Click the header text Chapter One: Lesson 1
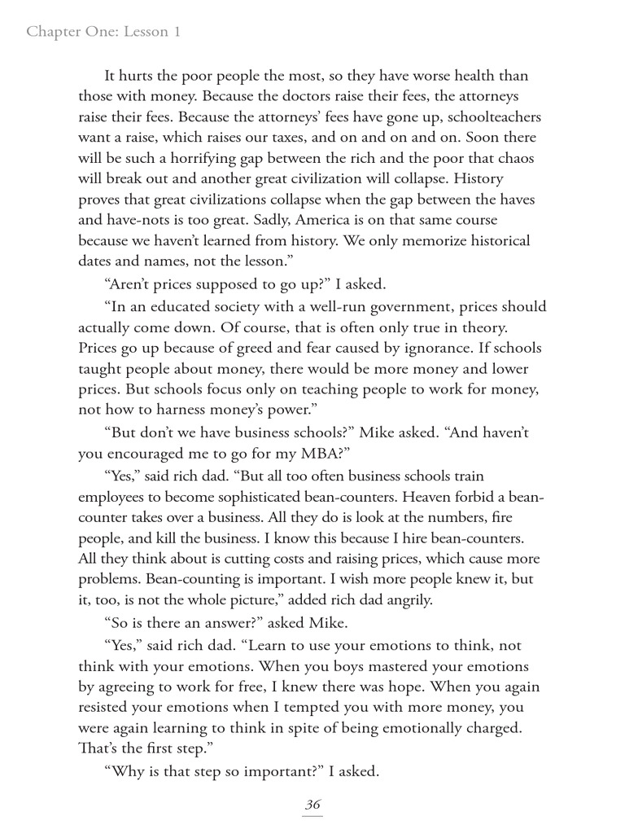point(103,32)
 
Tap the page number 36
point(312,804)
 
